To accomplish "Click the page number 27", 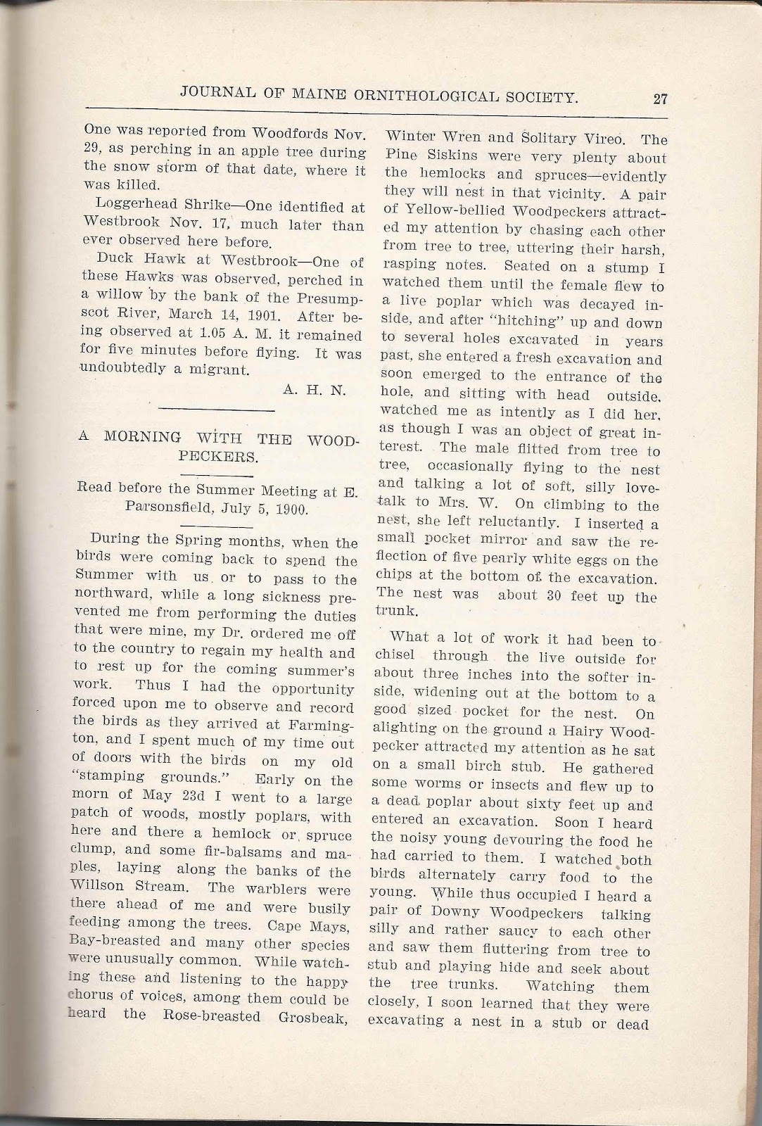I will (659, 98).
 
